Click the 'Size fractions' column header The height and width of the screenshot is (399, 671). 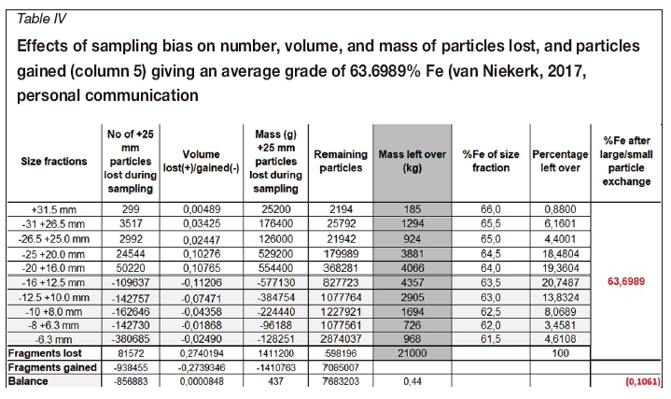click(55, 161)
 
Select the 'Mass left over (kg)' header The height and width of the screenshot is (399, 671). click(409, 161)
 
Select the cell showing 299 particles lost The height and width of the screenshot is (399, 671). click(132, 210)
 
